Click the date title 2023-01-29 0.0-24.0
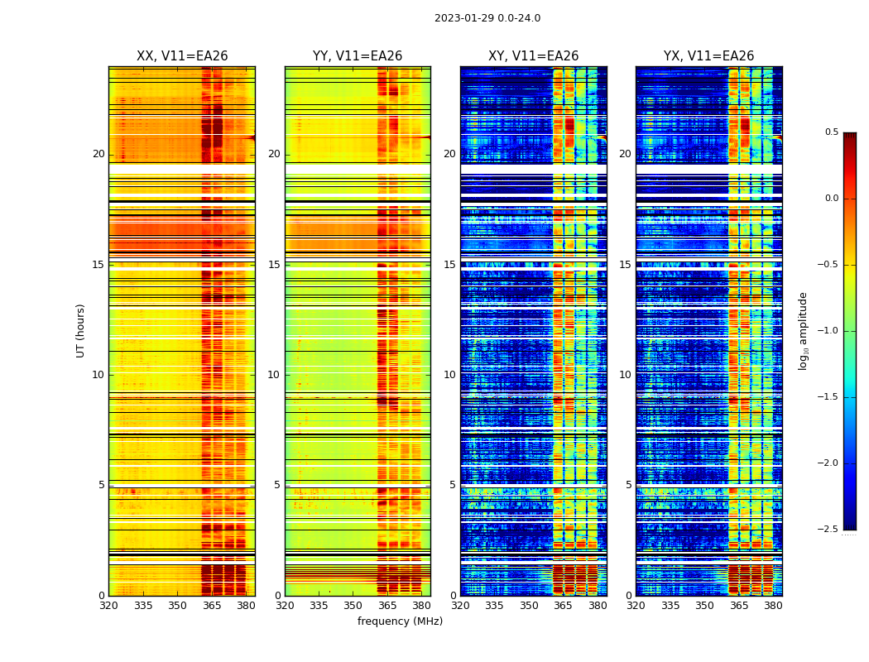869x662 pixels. [487, 18]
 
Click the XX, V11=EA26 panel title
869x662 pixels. [182, 56]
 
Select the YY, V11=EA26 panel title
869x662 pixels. [358, 56]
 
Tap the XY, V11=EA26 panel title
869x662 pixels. [533, 56]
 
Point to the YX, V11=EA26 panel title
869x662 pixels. [708, 56]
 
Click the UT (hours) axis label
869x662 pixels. [80, 330]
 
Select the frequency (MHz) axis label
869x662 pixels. [400, 621]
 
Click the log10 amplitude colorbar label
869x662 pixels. [803, 331]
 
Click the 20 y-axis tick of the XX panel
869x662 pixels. [98, 154]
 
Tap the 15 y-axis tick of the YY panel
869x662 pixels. [275, 265]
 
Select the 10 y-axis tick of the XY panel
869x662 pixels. [450, 375]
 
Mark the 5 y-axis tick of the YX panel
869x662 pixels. [628, 485]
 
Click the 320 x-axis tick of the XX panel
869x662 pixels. [108, 606]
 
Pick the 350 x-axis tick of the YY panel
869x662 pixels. [353, 606]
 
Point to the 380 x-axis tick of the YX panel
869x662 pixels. [773, 606]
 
